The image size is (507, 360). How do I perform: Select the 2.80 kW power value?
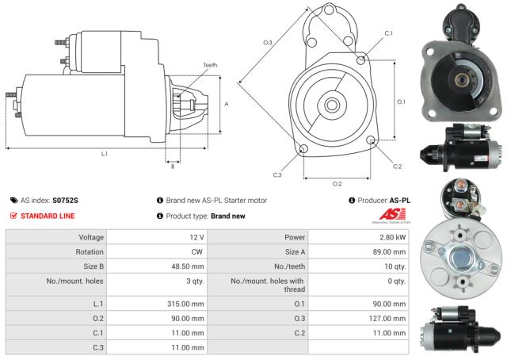pyautogui.click(x=391, y=237)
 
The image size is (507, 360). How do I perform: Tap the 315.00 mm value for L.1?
pyautogui.click(x=188, y=304)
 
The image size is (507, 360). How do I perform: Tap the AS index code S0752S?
pyautogui.click(x=66, y=201)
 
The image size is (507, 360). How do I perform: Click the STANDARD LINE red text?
pyautogui.click(x=49, y=215)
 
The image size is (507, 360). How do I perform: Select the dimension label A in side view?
pyautogui.click(x=227, y=104)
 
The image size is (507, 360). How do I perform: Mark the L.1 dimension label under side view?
pyautogui.click(x=104, y=153)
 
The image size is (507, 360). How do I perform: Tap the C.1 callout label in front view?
pyautogui.click(x=388, y=33)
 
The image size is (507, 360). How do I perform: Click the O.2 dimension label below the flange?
pyautogui.click(x=336, y=183)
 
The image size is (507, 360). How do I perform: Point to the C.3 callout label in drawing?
pyautogui.click(x=277, y=174)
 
